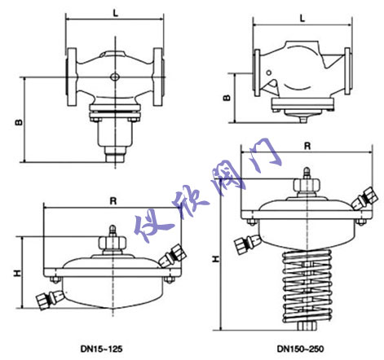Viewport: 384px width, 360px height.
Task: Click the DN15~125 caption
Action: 101,349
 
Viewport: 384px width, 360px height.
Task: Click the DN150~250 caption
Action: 301,349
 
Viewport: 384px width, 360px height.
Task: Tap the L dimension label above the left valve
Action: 116,14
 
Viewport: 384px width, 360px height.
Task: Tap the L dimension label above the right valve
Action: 302,18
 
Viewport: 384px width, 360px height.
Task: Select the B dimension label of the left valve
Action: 19,122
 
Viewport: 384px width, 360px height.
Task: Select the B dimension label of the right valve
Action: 227,98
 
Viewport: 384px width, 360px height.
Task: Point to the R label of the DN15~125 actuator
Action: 113,201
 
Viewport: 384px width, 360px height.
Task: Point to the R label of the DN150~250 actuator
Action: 307,147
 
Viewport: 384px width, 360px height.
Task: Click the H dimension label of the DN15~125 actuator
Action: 17,273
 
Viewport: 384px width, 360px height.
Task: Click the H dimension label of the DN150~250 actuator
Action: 215,259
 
